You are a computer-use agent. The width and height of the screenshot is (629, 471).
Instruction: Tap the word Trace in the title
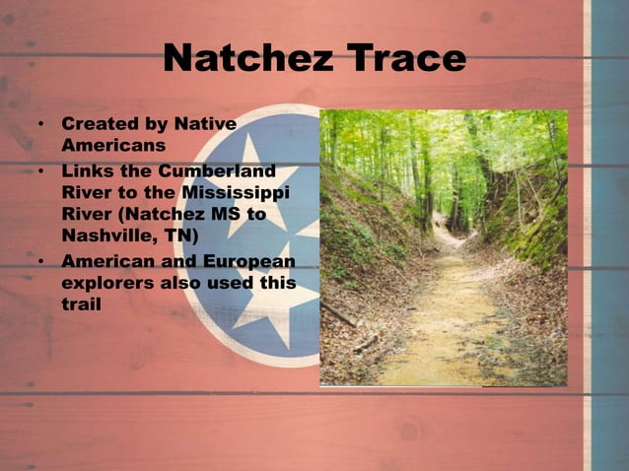click(x=400, y=59)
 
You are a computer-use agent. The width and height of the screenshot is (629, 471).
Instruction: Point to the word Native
click(x=205, y=124)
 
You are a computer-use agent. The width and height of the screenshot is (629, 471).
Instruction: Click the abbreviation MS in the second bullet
click(x=235, y=214)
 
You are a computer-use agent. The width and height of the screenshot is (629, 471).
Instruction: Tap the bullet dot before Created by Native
click(x=40, y=126)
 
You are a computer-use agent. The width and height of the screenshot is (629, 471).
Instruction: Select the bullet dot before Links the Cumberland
click(x=40, y=170)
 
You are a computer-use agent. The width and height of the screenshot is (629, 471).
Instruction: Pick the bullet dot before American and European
click(x=40, y=262)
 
